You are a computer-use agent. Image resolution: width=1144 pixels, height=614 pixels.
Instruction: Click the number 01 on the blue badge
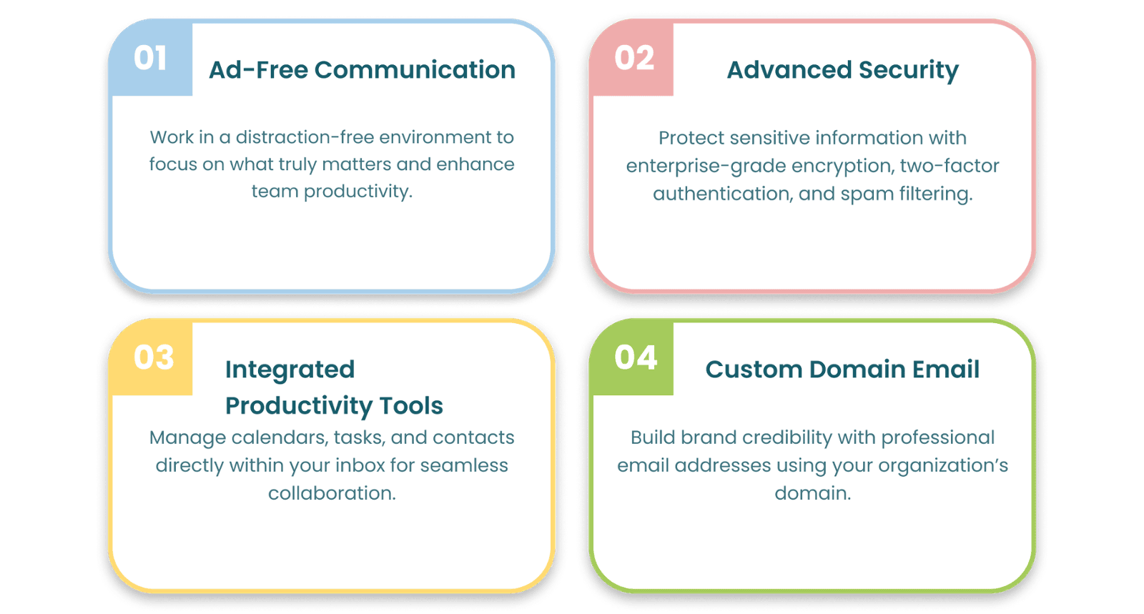[149, 58]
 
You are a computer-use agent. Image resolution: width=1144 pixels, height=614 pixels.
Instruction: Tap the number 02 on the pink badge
[633, 58]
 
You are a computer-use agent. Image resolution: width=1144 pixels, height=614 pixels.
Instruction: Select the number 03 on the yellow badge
[154, 357]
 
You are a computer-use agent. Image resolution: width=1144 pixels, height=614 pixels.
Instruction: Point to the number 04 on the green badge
[636, 357]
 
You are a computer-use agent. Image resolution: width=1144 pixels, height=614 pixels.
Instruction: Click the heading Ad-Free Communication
[362, 69]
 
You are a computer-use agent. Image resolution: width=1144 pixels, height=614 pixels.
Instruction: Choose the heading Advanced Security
[843, 71]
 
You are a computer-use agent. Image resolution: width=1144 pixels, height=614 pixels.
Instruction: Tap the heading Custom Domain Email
[842, 369]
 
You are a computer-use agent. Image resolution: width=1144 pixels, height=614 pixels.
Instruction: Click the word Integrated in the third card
[290, 370]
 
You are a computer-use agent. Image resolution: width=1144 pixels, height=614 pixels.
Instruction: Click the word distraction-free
[305, 137]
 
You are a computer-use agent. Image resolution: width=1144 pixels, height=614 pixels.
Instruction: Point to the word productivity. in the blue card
[357, 192]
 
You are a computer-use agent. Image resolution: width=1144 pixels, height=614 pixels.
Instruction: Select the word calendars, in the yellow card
[280, 438]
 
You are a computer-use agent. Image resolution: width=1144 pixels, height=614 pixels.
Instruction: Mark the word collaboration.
[332, 493]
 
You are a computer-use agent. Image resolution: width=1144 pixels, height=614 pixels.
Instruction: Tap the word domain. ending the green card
[812, 493]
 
